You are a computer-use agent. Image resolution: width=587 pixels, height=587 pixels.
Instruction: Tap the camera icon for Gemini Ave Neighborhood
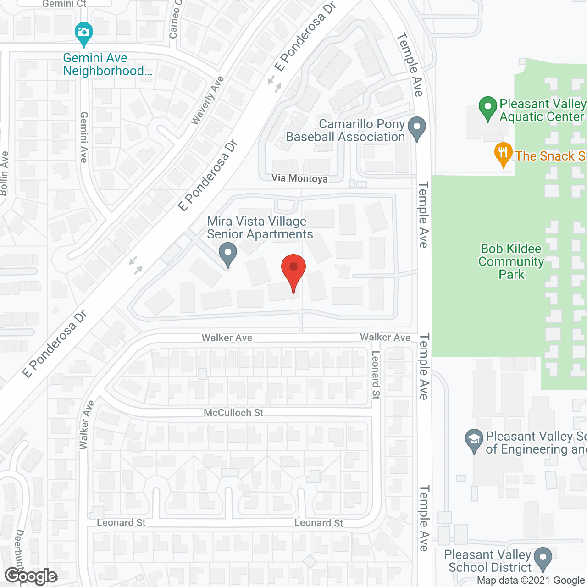click(x=83, y=33)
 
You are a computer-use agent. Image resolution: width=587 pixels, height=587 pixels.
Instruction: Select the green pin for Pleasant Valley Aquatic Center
click(x=488, y=107)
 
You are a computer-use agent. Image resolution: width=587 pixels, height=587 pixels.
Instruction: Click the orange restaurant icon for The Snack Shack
click(x=503, y=153)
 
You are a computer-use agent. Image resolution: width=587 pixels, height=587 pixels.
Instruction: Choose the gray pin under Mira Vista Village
click(x=227, y=253)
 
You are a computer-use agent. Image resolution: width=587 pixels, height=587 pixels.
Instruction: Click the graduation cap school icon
click(x=474, y=440)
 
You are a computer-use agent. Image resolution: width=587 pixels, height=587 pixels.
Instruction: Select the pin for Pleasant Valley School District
click(x=543, y=558)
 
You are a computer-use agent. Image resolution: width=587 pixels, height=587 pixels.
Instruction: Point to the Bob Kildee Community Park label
click(x=511, y=261)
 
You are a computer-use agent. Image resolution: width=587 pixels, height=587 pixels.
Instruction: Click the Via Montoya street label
click(x=299, y=178)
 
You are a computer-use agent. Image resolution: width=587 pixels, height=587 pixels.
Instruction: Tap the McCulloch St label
click(x=233, y=413)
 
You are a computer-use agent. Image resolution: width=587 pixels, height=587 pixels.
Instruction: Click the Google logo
click(x=31, y=576)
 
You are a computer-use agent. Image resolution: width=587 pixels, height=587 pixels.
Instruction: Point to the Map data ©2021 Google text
click(x=531, y=581)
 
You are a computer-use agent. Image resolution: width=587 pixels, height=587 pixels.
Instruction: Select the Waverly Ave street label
click(x=207, y=100)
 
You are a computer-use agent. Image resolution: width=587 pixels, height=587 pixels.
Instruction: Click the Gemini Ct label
click(x=64, y=4)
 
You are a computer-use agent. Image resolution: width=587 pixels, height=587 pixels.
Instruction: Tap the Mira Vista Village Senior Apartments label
click(x=260, y=228)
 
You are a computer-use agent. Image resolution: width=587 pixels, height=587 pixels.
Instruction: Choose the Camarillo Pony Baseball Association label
click(x=346, y=131)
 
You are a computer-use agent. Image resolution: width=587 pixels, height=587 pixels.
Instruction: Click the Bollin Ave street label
click(x=4, y=174)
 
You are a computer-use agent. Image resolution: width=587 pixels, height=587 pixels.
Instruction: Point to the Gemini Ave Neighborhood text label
click(x=107, y=65)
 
